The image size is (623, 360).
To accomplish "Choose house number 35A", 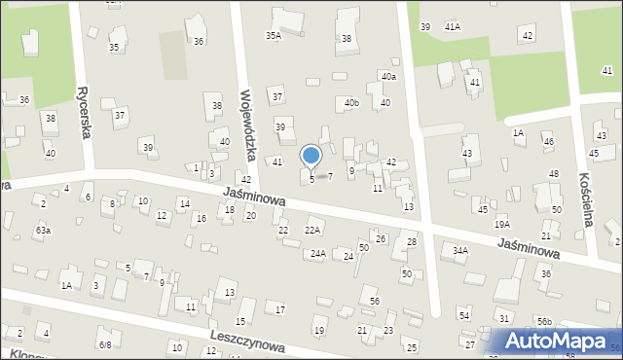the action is tap(274, 36).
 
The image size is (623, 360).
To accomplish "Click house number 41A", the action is tap(452, 27).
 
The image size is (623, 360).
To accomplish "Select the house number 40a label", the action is tap(388, 76).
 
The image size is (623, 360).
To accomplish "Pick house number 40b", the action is tap(351, 103).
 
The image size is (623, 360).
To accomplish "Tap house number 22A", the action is tap(312, 231).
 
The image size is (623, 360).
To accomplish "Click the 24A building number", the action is tap(317, 253).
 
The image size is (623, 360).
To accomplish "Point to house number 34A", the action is tap(460, 250).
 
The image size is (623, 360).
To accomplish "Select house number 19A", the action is tap(501, 224).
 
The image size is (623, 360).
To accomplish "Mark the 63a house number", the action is tap(42, 230).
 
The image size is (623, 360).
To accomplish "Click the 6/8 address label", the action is tap(104, 344).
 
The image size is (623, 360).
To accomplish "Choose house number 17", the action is tap(280, 309).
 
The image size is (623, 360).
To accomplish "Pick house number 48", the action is tap(553, 173).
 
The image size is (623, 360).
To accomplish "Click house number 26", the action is tap(381, 238).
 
